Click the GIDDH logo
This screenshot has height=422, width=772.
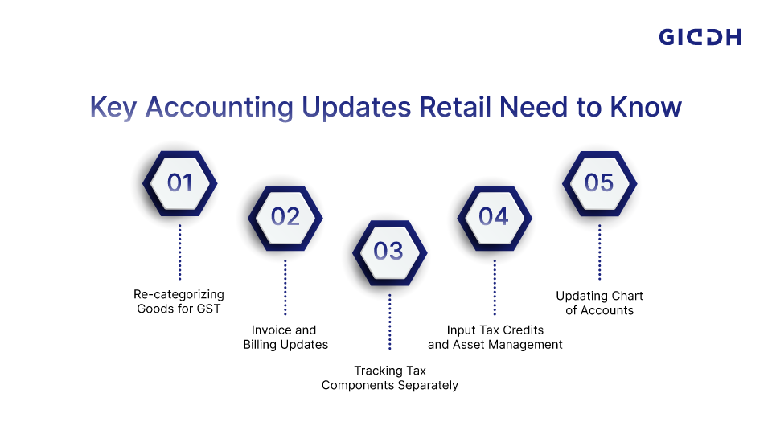pos(700,37)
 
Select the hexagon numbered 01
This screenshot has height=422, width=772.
pos(180,183)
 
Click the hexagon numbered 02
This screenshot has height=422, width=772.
pos(285,217)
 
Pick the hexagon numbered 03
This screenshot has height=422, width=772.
pos(389,252)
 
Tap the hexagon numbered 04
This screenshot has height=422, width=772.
pos(494,217)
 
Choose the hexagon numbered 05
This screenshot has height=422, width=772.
pos(599,183)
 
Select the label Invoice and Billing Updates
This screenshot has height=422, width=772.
pos(285,337)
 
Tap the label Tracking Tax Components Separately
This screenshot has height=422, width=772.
pos(390,378)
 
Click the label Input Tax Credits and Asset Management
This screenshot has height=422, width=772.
pos(495,337)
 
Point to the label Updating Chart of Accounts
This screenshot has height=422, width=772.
pos(599,303)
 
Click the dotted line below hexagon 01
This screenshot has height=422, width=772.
pos(180,252)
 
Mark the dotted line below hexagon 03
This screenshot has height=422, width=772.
pos(389,321)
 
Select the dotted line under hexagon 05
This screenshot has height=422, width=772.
pos(599,252)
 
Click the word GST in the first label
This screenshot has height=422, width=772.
pos(210,309)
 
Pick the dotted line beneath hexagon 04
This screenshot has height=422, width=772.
pos(494,286)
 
